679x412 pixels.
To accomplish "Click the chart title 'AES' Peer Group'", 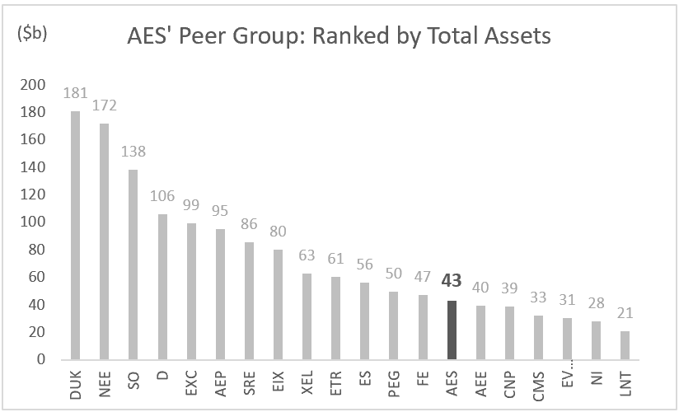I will pyautogui.click(x=339, y=36).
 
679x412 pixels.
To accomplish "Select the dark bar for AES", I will pyautogui.click(x=451, y=330).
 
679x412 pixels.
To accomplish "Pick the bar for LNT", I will pyautogui.click(x=625, y=345).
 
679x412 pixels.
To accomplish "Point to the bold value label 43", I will pyautogui.click(x=451, y=281).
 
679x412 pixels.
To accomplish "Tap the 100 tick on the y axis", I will pyautogui.click(x=32, y=222).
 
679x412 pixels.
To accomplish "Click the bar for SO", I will pyautogui.click(x=133, y=265).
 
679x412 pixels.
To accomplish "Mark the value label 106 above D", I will pyautogui.click(x=162, y=195).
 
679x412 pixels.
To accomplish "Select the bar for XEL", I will pyautogui.click(x=307, y=316).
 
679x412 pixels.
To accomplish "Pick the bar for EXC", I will pyautogui.click(x=191, y=291).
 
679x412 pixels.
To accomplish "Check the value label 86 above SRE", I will pyautogui.click(x=249, y=223).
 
